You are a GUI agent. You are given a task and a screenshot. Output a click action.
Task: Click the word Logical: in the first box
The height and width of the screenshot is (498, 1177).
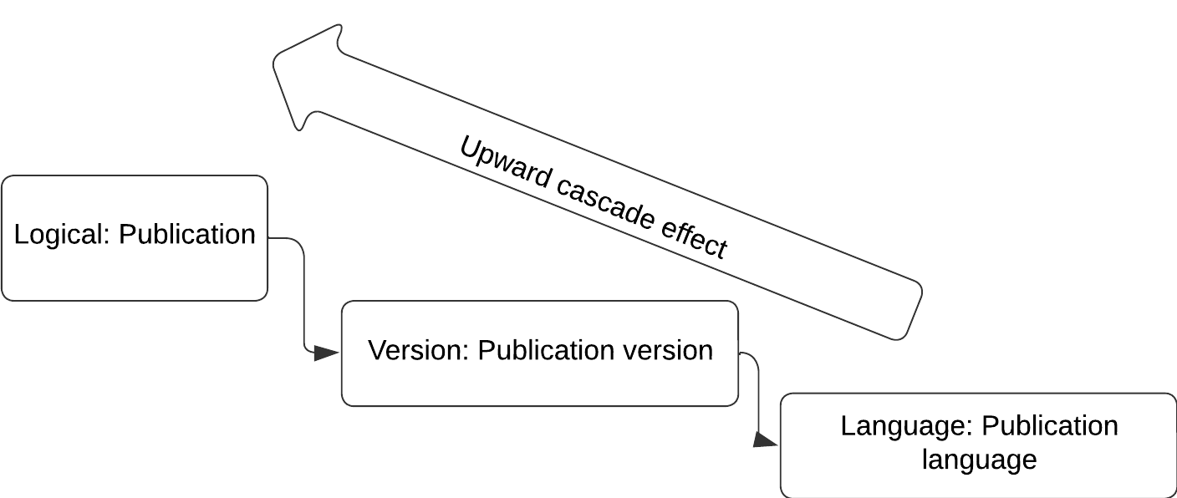[x=62, y=235]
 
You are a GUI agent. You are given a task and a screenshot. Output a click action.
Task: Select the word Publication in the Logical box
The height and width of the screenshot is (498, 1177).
[x=187, y=235]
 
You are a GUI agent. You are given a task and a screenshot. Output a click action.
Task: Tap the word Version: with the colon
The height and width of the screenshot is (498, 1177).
[x=418, y=350]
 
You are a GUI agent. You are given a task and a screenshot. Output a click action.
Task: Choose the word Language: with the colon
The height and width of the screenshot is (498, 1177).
[x=906, y=426]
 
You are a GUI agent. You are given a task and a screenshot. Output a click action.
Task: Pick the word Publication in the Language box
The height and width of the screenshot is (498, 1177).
[x=1050, y=426]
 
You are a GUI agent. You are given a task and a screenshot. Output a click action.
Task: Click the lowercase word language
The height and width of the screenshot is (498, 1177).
[x=979, y=460]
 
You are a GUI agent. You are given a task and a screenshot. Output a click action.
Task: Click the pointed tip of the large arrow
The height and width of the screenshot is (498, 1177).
[x=277, y=61]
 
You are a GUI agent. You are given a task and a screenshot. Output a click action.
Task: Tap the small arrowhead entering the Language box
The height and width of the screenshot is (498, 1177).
[x=765, y=440]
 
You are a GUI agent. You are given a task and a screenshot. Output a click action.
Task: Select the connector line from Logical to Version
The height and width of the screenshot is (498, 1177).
[x=303, y=292]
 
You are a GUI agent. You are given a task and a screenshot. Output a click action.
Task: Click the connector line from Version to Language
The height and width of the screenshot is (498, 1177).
[x=758, y=393]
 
